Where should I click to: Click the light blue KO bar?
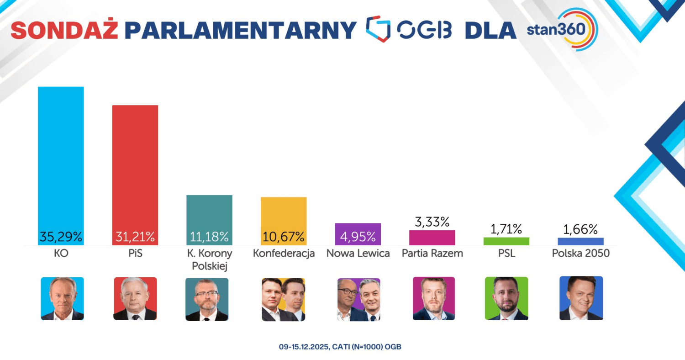(61, 160)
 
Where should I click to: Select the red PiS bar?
(135, 169)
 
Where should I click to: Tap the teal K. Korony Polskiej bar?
(210, 212)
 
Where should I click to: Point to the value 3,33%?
(432, 222)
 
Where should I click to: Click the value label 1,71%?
(506, 229)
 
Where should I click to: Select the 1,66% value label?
(580, 229)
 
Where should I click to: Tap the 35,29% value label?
(61, 237)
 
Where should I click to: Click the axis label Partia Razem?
(432, 253)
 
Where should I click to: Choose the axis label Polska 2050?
(580, 253)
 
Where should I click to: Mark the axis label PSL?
(506, 253)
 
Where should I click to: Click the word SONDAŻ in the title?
(64, 30)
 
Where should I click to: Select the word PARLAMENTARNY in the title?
(240, 30)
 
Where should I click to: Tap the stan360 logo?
(562, 30)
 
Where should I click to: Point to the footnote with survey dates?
(340, 347)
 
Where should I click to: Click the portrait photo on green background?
(506, 298)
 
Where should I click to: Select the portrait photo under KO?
(62, 298)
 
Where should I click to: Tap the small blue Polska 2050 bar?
(580, 241)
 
